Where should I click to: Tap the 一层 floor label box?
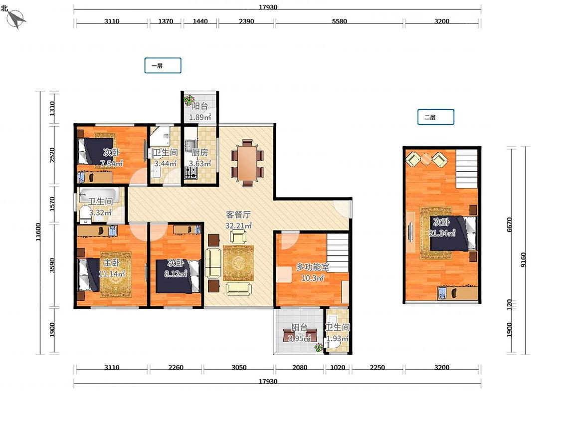pos(163,65)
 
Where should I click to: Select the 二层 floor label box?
pos(436,117)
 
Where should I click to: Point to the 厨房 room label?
pos(199,153)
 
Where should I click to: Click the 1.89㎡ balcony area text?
pos(200,117)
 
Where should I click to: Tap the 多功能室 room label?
pos(312,267)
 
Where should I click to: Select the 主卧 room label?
pos(111,263)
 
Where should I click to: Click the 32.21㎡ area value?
pos(238,226)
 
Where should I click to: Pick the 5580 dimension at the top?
pos(339,21)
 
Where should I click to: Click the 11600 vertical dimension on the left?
pos(38,232)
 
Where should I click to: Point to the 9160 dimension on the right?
pos(524,259)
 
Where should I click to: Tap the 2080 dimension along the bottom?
pos(300,367)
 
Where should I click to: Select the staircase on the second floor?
pos(467,169)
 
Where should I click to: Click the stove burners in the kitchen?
pos(190,173)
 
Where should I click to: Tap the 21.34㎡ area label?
pos(442,233)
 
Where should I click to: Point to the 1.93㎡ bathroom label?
pos(338,338)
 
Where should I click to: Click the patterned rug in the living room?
pos(238,263)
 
